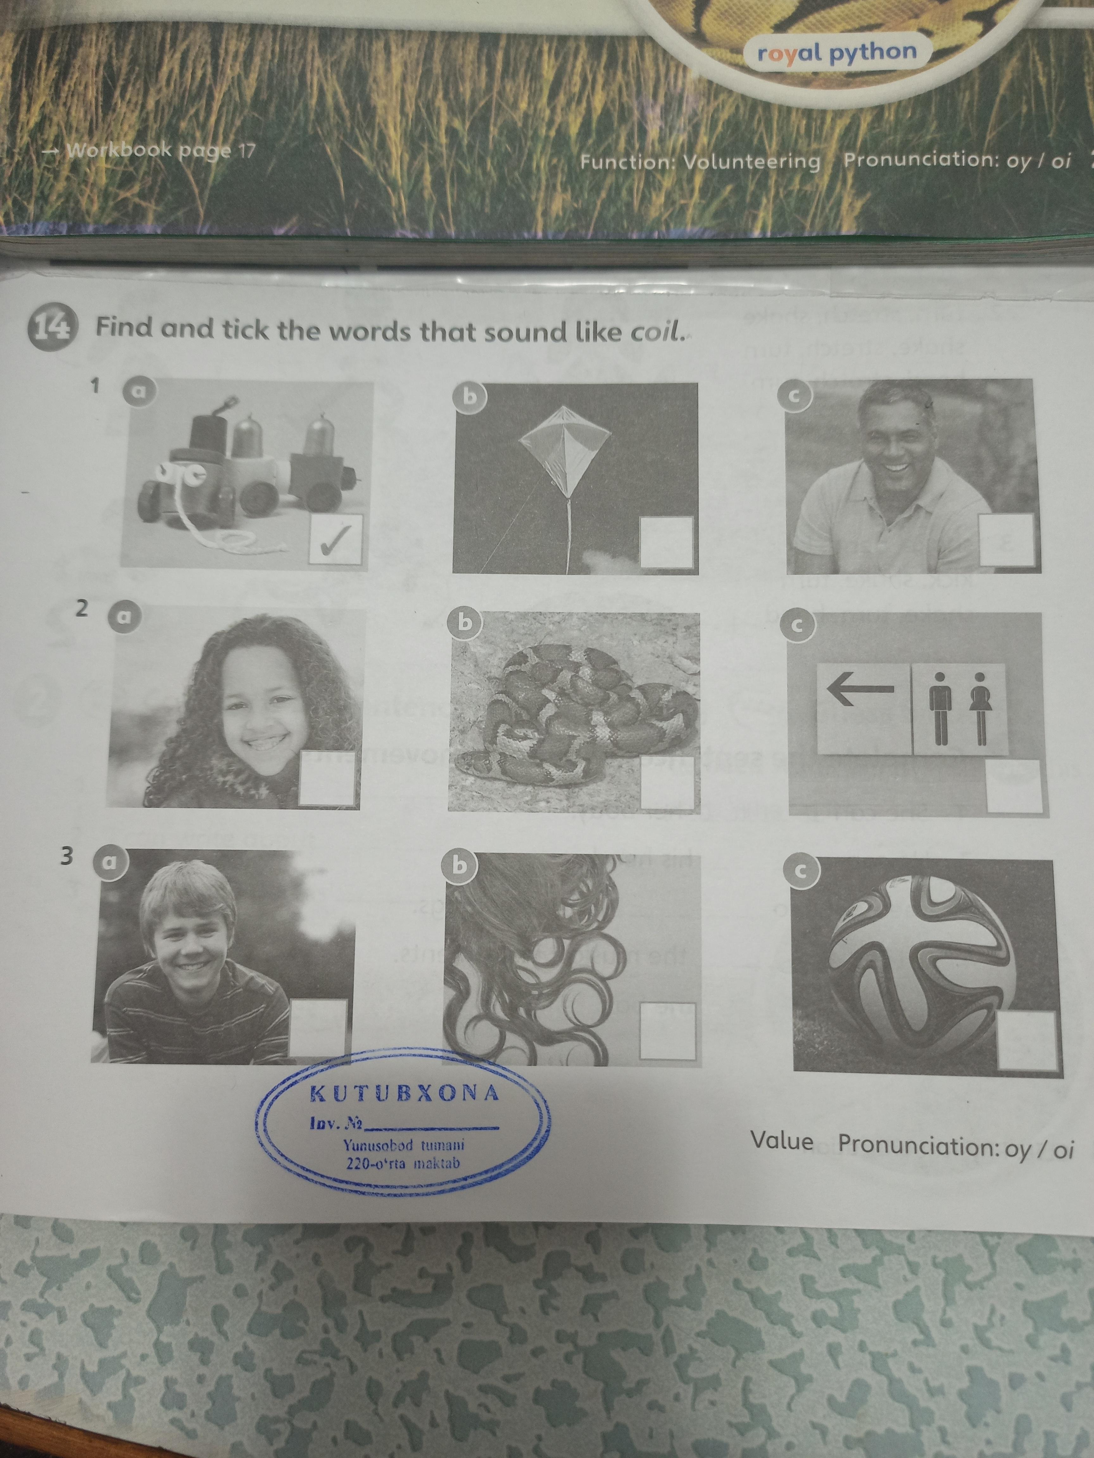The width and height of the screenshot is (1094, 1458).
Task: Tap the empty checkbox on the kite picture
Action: coord(666,542)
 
